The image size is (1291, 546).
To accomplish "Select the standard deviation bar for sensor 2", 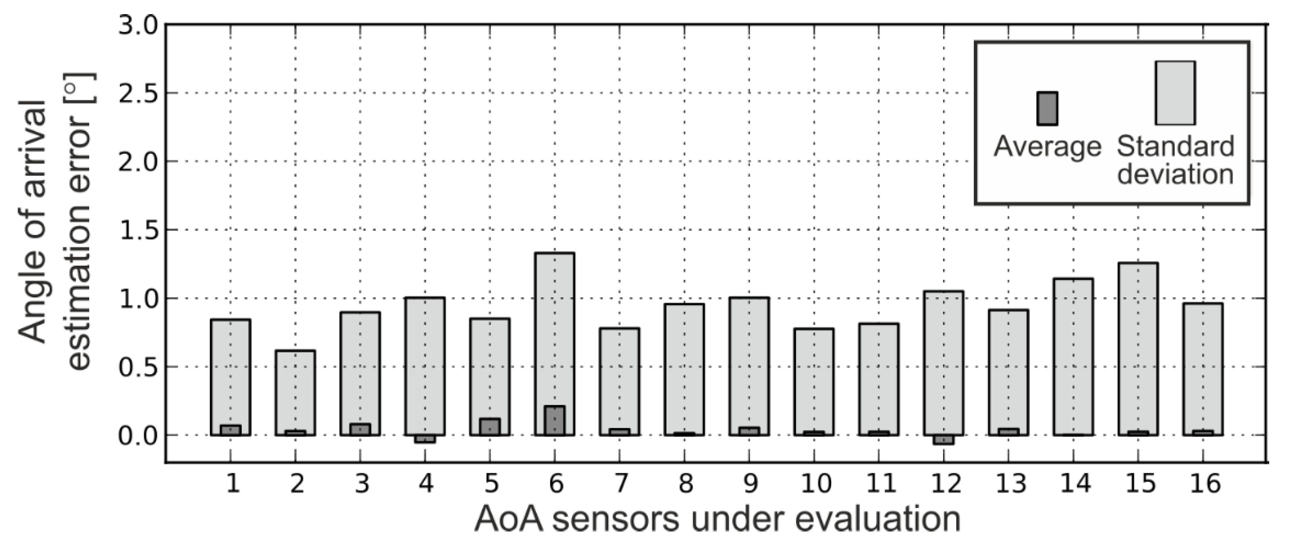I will [295, 391].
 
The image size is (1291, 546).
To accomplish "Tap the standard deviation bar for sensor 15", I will [1138, 346].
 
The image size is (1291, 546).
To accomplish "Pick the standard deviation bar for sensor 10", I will [814, 381].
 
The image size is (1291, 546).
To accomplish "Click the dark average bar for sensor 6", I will [554, 420].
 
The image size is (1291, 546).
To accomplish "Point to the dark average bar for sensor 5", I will [490, 427].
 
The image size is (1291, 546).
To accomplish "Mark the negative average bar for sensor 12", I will [944, 440].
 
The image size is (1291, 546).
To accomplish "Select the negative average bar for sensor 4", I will [425, 439].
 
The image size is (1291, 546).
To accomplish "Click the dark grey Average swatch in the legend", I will [1047, 108].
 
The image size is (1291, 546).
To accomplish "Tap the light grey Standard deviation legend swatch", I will [1175, 93].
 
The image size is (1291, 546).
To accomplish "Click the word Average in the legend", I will [1047, 147].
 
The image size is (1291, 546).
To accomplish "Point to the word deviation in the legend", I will [1175, 174].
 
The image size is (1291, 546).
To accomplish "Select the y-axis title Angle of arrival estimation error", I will [55, 221].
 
